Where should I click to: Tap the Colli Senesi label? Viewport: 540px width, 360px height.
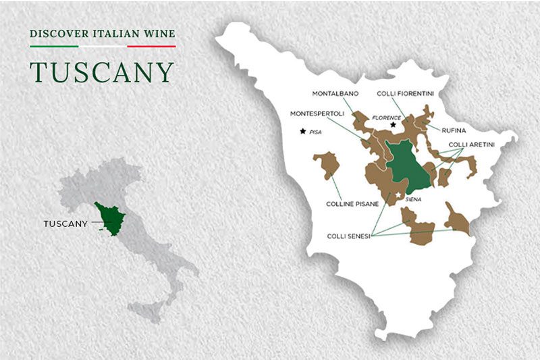(x=348, y=236)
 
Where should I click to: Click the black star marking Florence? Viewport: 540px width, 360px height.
(x=393, y=125)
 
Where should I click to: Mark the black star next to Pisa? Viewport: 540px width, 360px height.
(x=303, y=131)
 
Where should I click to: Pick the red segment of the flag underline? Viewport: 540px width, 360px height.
(x=151, y=47)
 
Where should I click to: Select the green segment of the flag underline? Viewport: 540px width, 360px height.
(x=54, y=47)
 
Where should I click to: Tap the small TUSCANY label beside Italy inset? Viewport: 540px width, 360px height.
(x=65, y=224)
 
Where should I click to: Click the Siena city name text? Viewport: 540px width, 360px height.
(x=412, y=199)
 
